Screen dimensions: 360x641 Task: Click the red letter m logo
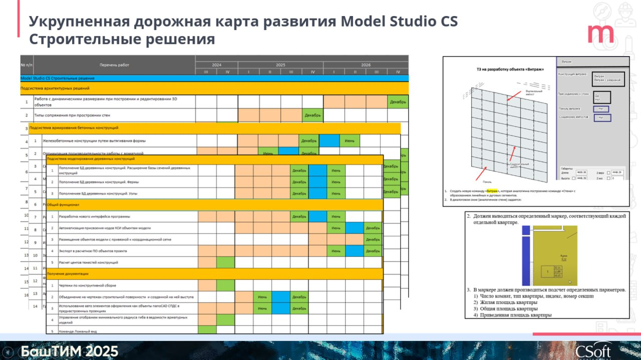pos(600,34)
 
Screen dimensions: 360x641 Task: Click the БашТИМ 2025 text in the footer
pos(69,351)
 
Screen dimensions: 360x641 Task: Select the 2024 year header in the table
pos(216,65)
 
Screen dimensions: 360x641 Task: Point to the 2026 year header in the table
pos(366,65)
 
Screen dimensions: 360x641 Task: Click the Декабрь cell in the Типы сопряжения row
pos(312,115)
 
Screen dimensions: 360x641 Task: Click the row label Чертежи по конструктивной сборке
pos(85,285)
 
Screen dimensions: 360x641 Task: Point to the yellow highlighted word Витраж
pos(492,191)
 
